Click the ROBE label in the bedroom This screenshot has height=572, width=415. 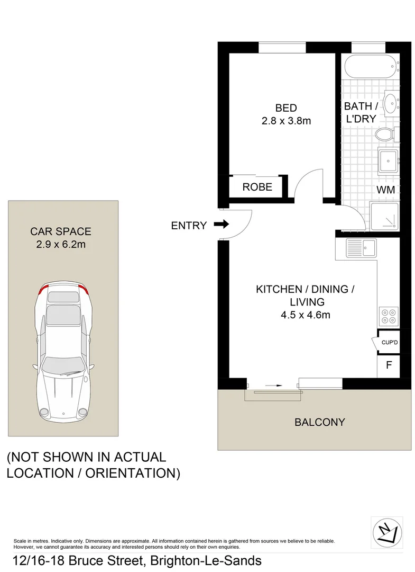point(257,187)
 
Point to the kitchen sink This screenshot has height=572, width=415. point(362,247)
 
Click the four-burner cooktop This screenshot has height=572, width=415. point(388,316)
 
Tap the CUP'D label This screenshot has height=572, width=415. point(389,343)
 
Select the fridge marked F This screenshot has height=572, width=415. point(389,365)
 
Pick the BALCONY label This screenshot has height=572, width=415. point(319,422)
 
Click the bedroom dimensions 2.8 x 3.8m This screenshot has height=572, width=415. point(286,121)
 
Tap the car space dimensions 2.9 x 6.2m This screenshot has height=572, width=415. point(61,244)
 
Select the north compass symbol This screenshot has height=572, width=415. point(387,531)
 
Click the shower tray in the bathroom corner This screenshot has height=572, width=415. point(384,217)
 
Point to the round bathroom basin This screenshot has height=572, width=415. point(391,102)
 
